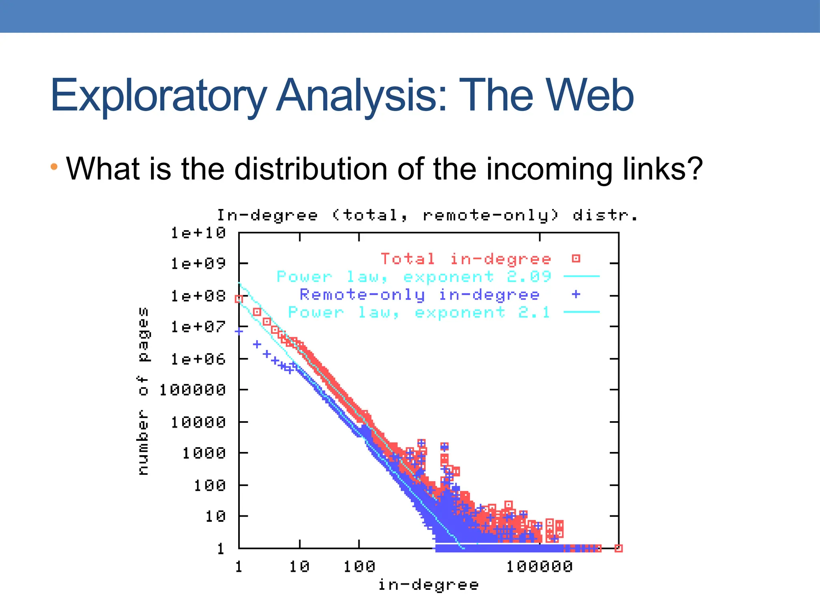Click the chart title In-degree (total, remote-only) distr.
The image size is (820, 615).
[427, 215]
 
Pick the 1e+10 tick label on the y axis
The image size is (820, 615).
[198, 233]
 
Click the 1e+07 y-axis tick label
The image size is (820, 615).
[198, 327]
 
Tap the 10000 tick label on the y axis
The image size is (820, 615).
[198, 422]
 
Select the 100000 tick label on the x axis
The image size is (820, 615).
[539, 567]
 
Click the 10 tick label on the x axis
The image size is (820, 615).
[299, 567]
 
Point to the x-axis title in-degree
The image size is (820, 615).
[428, 585]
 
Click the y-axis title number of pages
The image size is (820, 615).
[143, 391]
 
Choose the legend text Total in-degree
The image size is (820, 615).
[466, 259]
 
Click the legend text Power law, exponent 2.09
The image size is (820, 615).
[414, 277]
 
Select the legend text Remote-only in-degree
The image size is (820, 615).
[420, 295]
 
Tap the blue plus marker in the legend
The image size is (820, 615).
[576, 294]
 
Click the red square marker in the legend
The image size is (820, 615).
[576, 259]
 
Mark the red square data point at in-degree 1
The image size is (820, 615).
[239, 299]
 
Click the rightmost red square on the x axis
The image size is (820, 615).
[618, 548]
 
